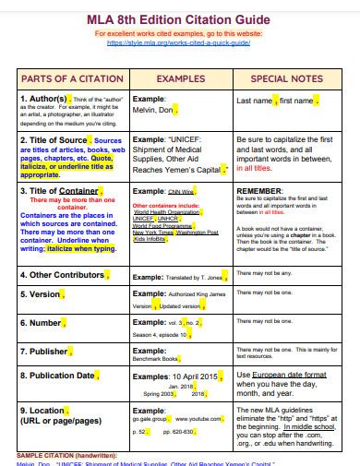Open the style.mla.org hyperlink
point(179,42)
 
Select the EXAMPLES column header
point(179,79)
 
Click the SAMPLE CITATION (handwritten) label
point(66,455)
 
